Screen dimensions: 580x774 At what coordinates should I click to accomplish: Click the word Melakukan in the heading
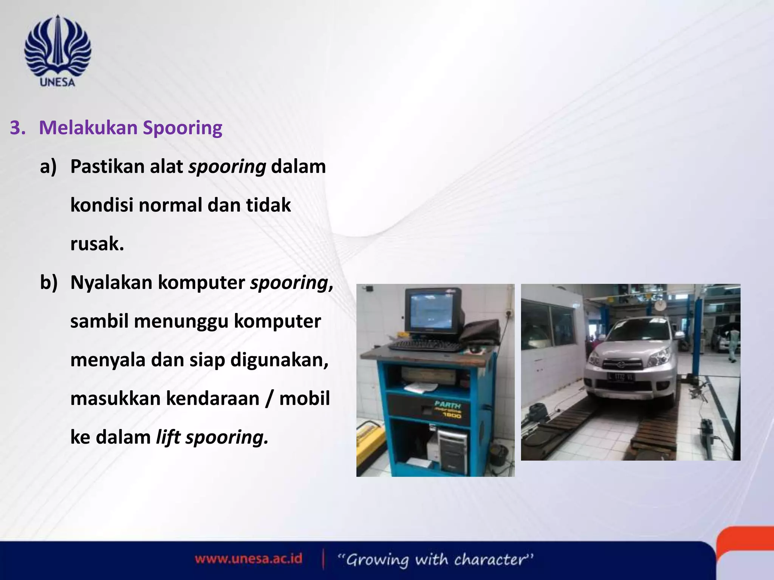(88, 128)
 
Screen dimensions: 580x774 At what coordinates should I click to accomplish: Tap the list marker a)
(48, 167)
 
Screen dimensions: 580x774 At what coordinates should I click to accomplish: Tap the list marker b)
(49, 282)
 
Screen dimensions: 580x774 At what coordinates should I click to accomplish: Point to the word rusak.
(97, 244)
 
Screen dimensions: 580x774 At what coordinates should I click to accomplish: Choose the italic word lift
(168, 437)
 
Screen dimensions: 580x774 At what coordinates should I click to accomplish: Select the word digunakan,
(279, 360)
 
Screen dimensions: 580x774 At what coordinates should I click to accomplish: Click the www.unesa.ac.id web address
(248, 558)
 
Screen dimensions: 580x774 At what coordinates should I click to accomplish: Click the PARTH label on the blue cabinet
(447, 404)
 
